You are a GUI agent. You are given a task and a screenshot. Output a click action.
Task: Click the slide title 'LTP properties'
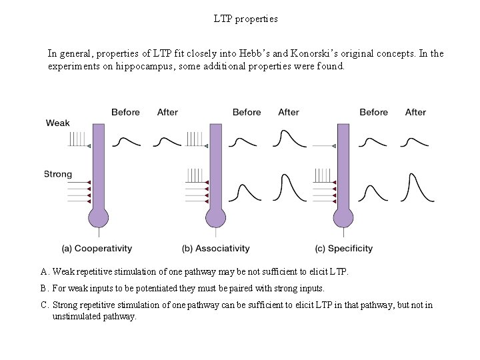pyautogui.click(x=245, y=19)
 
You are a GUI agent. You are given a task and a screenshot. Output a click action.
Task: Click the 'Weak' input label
pyautogui.click(x=57, y=123)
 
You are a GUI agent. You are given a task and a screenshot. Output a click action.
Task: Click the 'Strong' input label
pyautogui.click(x=58, y=174)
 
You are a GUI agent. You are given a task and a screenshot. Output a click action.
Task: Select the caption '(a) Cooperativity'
pyautogui.click(x=97, y=249)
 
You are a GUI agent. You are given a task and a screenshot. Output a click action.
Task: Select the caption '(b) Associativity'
pyautogui.click(x=215, y=249)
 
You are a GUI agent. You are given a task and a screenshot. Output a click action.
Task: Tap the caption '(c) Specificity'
pyautogui.click(x=343, y=249)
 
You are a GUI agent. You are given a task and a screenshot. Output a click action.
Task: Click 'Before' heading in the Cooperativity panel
pyautogui.click(x=125, y=112)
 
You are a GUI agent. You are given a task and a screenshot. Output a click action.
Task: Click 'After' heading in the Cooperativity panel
pyautogui.click(x=167, y=112)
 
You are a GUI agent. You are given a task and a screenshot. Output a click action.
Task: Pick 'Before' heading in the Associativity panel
pyautogui.click(x=247, y=112)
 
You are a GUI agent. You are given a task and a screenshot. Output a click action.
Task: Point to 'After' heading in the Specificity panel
pyautogui.click(x=415, y=112)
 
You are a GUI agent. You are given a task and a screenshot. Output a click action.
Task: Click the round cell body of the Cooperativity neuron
pyautogui.click(x=99, y=217)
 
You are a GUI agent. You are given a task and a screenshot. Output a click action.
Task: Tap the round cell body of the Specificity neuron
pyautogui.click(x=343, y=217)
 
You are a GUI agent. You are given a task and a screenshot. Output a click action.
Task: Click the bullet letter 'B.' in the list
pyautogui.click(x=45, y=288)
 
